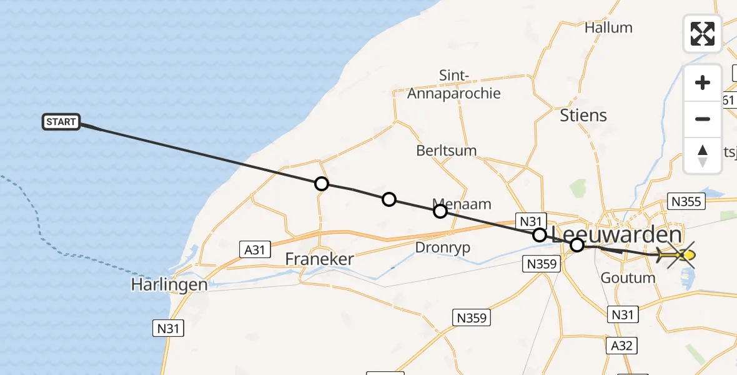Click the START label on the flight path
tap(61, 122)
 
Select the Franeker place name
tap(319, 259)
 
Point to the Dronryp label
tap(442, 247)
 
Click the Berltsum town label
tap(447, 151)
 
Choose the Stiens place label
tap(583, 116)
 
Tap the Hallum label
tap(608, 28)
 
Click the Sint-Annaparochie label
tap(454, 85)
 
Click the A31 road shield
tap(255, 250)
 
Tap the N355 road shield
tap(685, 201)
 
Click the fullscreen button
tap(703, 34)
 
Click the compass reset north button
tap(703, 155)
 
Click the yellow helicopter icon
tap(676, 255)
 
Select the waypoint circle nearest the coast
tap(321, 184)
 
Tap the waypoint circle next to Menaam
tap(440, 211)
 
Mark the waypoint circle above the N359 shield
tap(540, 235)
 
